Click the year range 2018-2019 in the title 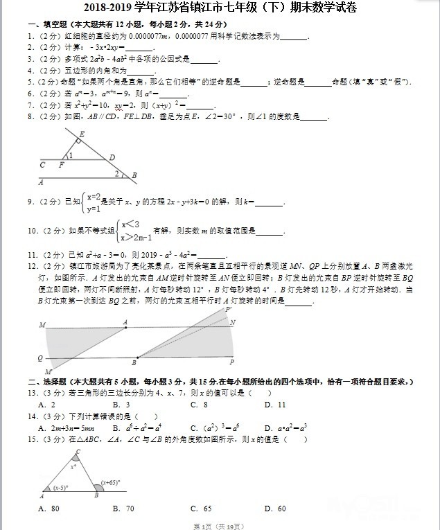click(x=109, y=8)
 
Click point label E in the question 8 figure click(x=82, y=134)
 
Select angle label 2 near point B click(x=116, y=173)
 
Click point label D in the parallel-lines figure click(x=112, y=158)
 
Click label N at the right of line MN click(x=233, y=323)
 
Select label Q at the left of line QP click(x=40, y=358)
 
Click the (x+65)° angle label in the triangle click(x=111, y=482)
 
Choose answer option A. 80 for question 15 click(x=49, y=509)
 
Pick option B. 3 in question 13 click(x=122, y=405)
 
